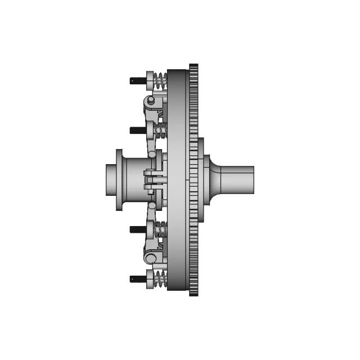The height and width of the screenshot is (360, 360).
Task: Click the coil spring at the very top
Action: coord(161,80)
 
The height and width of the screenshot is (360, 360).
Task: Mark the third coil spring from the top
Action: coord(161,228)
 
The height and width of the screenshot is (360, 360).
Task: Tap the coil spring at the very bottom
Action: coord(161,278)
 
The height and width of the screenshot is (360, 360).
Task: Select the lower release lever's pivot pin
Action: coord(151,258)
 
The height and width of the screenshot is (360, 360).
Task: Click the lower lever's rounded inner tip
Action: coord(152,206)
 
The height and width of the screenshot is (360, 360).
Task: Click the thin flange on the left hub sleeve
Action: coord(119,180)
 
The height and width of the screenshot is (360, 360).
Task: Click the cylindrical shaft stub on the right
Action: coord(239,179)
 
